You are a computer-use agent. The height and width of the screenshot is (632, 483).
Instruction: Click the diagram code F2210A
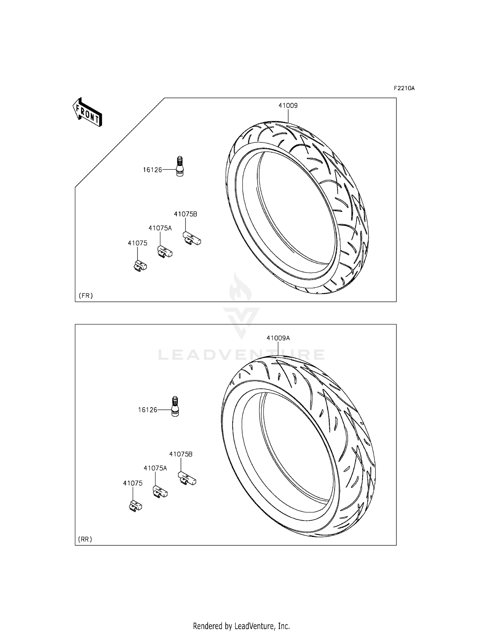pos(404,88)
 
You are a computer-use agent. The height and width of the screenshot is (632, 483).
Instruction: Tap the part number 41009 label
pos(288,105)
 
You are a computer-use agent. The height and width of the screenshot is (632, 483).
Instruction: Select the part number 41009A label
pos(278,338)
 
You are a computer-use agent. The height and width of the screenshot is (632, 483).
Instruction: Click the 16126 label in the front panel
pos(152,170)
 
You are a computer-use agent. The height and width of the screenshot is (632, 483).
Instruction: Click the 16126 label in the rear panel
pos(147,410)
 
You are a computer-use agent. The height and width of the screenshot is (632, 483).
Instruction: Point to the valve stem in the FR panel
pos(180,166)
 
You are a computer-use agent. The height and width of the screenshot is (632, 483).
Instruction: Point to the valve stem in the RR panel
pos(175,407)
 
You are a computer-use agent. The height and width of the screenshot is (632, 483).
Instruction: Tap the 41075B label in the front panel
pos(185,214)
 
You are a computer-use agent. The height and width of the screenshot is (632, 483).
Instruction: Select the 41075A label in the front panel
pos(160,228)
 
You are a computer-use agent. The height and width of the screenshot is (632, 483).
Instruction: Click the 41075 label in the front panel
pos(137,243)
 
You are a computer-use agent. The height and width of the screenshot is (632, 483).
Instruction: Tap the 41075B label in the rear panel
pos(181,454)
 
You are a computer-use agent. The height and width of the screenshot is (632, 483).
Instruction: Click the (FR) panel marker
pos(85,295)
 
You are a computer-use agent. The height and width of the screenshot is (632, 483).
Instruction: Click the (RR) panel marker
pos(85,539)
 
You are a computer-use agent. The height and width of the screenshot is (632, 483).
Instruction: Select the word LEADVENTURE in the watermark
pos(241,355)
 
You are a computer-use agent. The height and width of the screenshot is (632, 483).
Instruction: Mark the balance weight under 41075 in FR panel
pos(140,266)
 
